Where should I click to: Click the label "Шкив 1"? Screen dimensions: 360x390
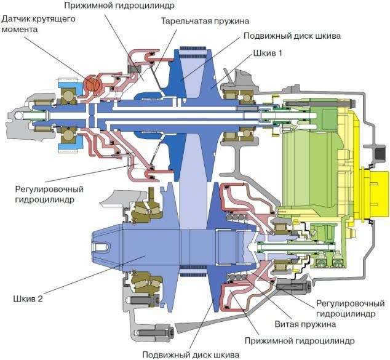[267, 54]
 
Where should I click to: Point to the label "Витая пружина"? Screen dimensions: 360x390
[306, 324]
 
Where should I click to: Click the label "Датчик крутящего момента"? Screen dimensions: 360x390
[38, 25]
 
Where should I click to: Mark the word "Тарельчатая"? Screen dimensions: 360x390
[184, 20]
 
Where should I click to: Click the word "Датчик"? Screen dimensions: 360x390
[17, 20]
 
